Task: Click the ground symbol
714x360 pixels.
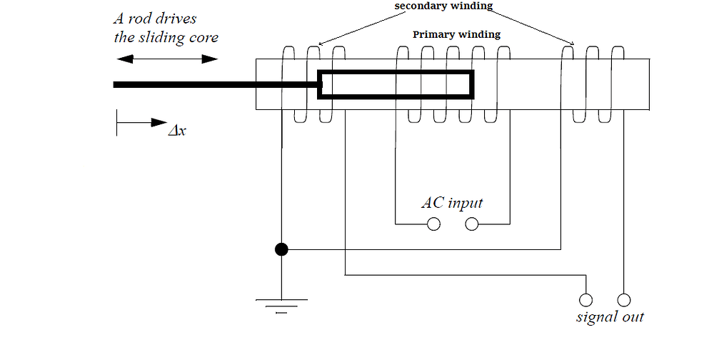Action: click(x=281, y=304)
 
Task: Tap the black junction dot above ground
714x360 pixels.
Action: click(x=281, y=249)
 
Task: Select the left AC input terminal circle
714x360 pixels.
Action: click(x=433, y=225)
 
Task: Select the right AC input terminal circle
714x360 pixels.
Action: click(x=472, y=225)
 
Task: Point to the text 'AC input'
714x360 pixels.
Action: click(x=452, y=203)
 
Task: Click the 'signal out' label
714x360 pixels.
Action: click(x=610, y=316)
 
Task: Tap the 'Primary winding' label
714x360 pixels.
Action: click(x=456, y=34)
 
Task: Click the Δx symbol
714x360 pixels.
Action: click(x=177, y=131)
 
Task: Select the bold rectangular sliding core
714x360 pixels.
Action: click(x=396, y=84)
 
